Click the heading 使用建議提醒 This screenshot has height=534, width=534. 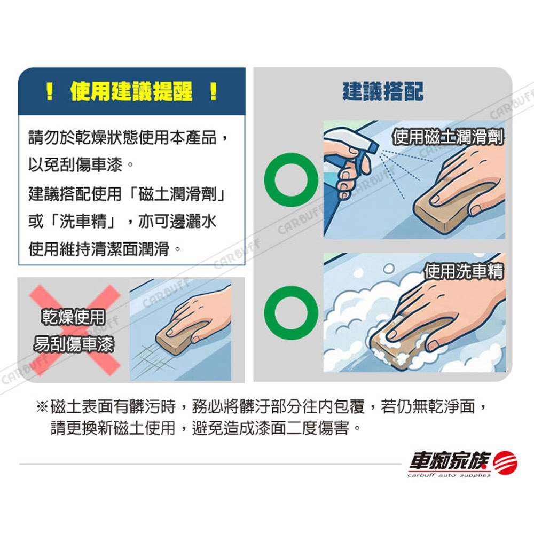(x=131, y=92)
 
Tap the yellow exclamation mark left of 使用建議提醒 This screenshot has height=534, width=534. (x=50, y=92)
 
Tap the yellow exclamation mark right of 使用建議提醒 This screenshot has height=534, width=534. (x=214, y=92)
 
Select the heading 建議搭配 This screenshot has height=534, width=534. (x=383, y=92)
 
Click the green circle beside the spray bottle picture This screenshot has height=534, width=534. (x=291, y=180)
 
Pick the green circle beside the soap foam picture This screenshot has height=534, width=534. (x=291, y=312)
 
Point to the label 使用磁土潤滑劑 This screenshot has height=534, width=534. (x=447, y=137)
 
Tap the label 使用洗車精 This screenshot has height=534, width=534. (x=464, y=271)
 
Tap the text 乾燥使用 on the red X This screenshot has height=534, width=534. (x=73, y=317)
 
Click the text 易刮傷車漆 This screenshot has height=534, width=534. (x=73, y=344)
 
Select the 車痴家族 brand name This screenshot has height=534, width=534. (x=450, y=461)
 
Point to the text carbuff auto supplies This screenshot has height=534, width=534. (x=449, y=475)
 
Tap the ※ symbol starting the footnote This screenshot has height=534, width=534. (x=42, y=406)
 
